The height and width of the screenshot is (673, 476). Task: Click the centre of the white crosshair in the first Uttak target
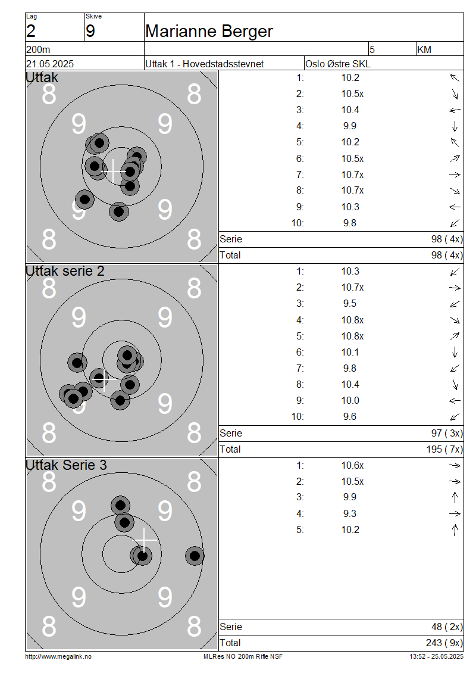[x=113, y=172]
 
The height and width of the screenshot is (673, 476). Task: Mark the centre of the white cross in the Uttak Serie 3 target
[x=143, y=540]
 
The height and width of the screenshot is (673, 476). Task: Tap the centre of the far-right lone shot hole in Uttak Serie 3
[x=195, y=556]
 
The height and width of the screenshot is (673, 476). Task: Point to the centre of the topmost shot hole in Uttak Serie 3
[x=121, y=505]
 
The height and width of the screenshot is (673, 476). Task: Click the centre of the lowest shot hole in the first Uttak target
[x=119, y=211]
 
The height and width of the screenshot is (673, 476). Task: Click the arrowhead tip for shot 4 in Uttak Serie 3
[x=461, y=513]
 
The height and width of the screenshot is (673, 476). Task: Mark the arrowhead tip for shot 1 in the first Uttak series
[x=450, y=74]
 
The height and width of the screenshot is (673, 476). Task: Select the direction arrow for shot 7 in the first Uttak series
[x=455, y=175]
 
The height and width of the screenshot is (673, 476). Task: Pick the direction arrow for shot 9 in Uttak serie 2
[x=455, y=401]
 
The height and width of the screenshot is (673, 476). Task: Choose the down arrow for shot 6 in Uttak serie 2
[x=455, y=353]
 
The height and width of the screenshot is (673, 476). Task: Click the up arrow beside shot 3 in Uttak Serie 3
[x=455, y=497]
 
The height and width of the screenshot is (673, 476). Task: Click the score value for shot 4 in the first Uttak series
[x=350, y=126]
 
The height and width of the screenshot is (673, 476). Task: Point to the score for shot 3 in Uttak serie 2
[x=350, y=304]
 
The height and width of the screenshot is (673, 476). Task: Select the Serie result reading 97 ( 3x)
[x=447, y=434]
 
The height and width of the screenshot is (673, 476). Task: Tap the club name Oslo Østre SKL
[x=338, y=64]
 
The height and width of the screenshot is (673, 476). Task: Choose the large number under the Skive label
[x=90, y=31]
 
